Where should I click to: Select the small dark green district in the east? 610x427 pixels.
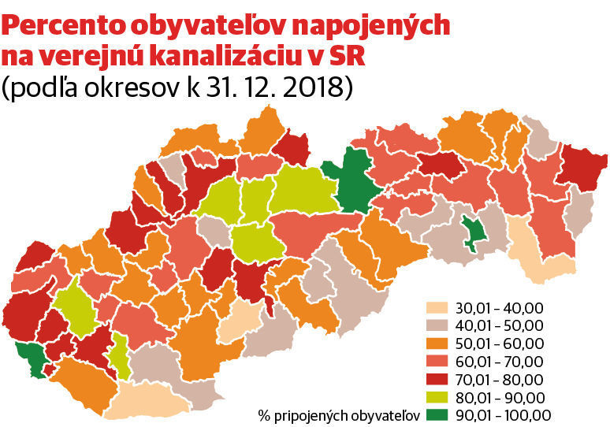point(474,233)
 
